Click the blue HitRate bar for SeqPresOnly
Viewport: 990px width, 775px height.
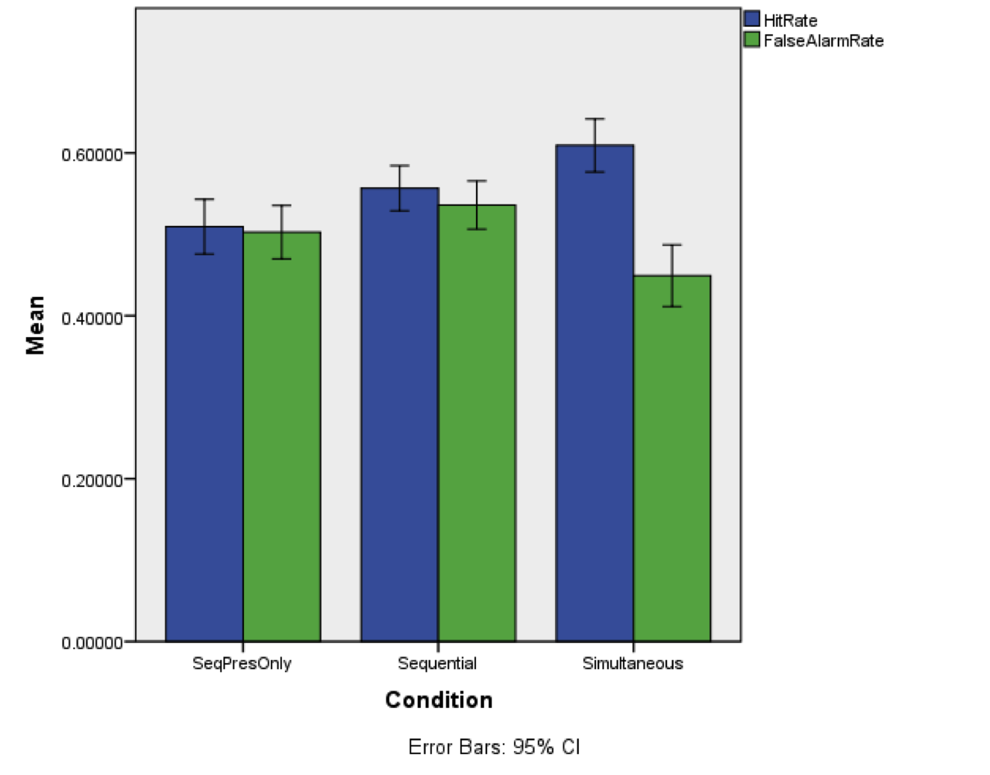pyautogui.click(x=204, y=448)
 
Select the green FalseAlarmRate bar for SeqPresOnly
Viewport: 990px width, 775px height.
pyautogui.click(x=281, y=448)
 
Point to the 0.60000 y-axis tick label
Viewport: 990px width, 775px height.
pyautogui.click(x=92, y=154)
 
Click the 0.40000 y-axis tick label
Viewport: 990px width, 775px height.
pyautogui.click(x=92, y=318)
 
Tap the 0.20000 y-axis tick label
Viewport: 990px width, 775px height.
pyautogui.click(x=92, y=480)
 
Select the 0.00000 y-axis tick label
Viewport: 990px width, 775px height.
pyautogui.click(x=92, y=643)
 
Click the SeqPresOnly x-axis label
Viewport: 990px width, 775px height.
pyautogui.click(x=242, y=663)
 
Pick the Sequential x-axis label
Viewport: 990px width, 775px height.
pyautogui.click(x=437, y=663)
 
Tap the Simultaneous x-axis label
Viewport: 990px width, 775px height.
pyautogui.click(x=633, y=663)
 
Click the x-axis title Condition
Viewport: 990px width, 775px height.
pyautogui.click(x=439, y=700)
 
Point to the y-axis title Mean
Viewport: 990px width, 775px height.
pyautogui.click(x=35, y=324)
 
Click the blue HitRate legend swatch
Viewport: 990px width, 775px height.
pyautogui.click(x=752, y=19)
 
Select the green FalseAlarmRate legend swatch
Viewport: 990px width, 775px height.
pyautogui.click(x=752, y=40)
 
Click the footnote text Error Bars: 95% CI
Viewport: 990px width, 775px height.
pyautogui.click(x=494, y=747)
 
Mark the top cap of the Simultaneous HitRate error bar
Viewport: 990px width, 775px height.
pyautogui.click(x=595, y=119)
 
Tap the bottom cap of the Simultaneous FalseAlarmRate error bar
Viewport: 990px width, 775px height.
pyautogui.click(x=671, y=307)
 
